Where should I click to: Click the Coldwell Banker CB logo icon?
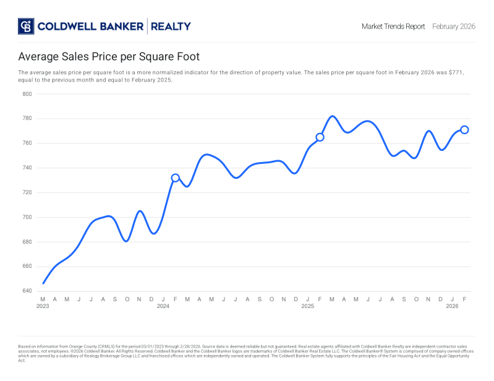click(x=26, y=26)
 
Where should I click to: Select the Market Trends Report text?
click(x=393, y=27)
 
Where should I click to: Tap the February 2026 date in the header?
click(x=453, y=27)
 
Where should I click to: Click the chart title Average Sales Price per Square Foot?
click(x=109, y=57)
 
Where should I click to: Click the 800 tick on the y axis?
click(x=27, y=94)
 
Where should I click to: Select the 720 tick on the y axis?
click(x=27, y=192)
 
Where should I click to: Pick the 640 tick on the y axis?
click(x=27, y=291)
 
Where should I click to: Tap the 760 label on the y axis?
click(x=27, y=143)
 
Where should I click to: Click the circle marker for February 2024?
click(x=175, y=178)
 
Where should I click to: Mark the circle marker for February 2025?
click(x=320, y=137)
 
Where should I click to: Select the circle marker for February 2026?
click(x=464, y=130)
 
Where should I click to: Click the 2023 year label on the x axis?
click(x=43, y=306)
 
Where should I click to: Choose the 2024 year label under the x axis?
click(x=163, y=306)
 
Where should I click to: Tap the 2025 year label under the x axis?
click(x=307, y=306)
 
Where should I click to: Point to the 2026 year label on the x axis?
click(x=452, y=306)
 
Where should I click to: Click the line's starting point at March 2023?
click(x=43, y=283)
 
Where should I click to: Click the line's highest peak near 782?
click(x=333, y=116)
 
